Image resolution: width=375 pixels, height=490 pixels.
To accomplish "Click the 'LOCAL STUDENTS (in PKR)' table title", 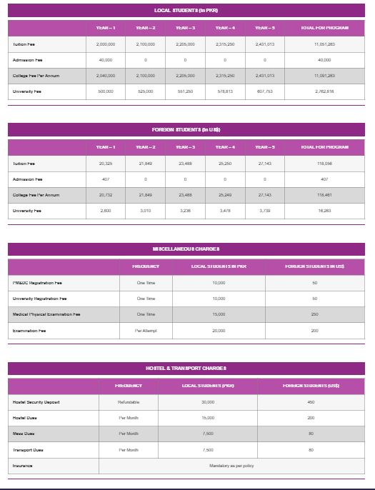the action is [x=186, y=11].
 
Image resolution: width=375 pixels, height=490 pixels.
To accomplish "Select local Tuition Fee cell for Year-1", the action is [x=105, y=44].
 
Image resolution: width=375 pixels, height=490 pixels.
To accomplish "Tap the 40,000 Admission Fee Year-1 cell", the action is [x=105, y=60].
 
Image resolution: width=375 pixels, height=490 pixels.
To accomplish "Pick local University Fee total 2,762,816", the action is [x=324, y=91].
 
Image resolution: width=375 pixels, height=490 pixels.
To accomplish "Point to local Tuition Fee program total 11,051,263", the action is [x=324, y=44].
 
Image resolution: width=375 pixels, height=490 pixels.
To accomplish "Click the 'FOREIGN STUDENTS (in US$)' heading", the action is [x=186, y=129].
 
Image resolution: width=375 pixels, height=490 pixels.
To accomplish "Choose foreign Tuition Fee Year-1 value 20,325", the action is [x=105, y=164].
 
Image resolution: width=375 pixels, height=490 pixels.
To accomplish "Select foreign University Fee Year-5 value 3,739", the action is [x=265, y=211].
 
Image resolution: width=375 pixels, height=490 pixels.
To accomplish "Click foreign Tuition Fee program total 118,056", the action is [x=324, y=164].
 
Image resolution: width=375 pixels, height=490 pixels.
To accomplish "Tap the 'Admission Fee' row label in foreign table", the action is [x=28, y=179].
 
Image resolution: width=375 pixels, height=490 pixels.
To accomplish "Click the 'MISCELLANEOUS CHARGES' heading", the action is [x=186, y=249].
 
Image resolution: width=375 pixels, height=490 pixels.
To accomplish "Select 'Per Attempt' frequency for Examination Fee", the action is [x=146, y=331].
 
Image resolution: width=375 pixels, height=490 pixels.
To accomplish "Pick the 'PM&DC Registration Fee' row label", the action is [x=37, y=283].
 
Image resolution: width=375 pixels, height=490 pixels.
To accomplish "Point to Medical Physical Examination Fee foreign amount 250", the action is [x=314, y=314].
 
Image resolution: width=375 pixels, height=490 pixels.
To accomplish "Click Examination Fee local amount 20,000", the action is [x=219, y=331].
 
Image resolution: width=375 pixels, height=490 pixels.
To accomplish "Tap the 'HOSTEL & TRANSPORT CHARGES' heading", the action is [x=186, y=368].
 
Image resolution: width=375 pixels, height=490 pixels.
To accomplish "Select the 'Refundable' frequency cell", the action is [x=129, y=402].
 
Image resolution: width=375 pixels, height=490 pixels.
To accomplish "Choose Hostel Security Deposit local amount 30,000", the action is [x=208, y=402].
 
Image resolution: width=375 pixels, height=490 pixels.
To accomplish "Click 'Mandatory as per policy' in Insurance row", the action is [x=231, y=466].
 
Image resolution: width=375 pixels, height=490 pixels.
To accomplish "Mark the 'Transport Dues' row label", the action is [x=28, y=450].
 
